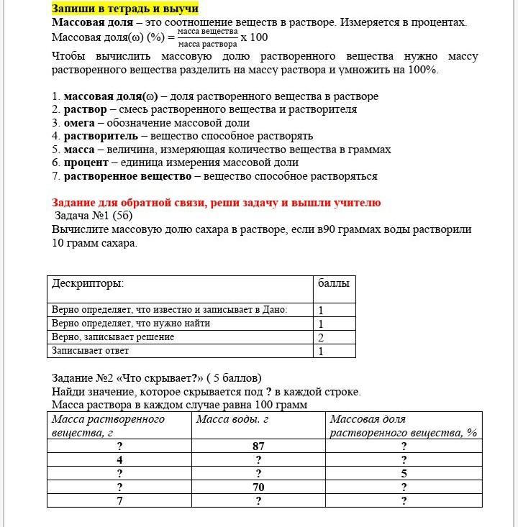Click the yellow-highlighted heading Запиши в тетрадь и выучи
tap(124, 9)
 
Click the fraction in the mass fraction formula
tap(207, 37)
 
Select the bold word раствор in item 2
tap(85, 109)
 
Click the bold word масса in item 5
tap(79, 149)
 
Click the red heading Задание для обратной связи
tap(216, 203)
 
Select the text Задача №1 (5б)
tap(94, 216)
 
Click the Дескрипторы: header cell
tap(88, 283)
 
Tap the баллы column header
tap(333, 283)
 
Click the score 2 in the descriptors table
tap(321, 337)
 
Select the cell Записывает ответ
tap(91, 351)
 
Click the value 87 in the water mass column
tap(258, 446)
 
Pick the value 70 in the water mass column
tap(258, 487)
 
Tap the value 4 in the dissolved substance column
tap(119, 460)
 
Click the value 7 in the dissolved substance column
tap(119, 501)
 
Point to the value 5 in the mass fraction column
tap(404, 474)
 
